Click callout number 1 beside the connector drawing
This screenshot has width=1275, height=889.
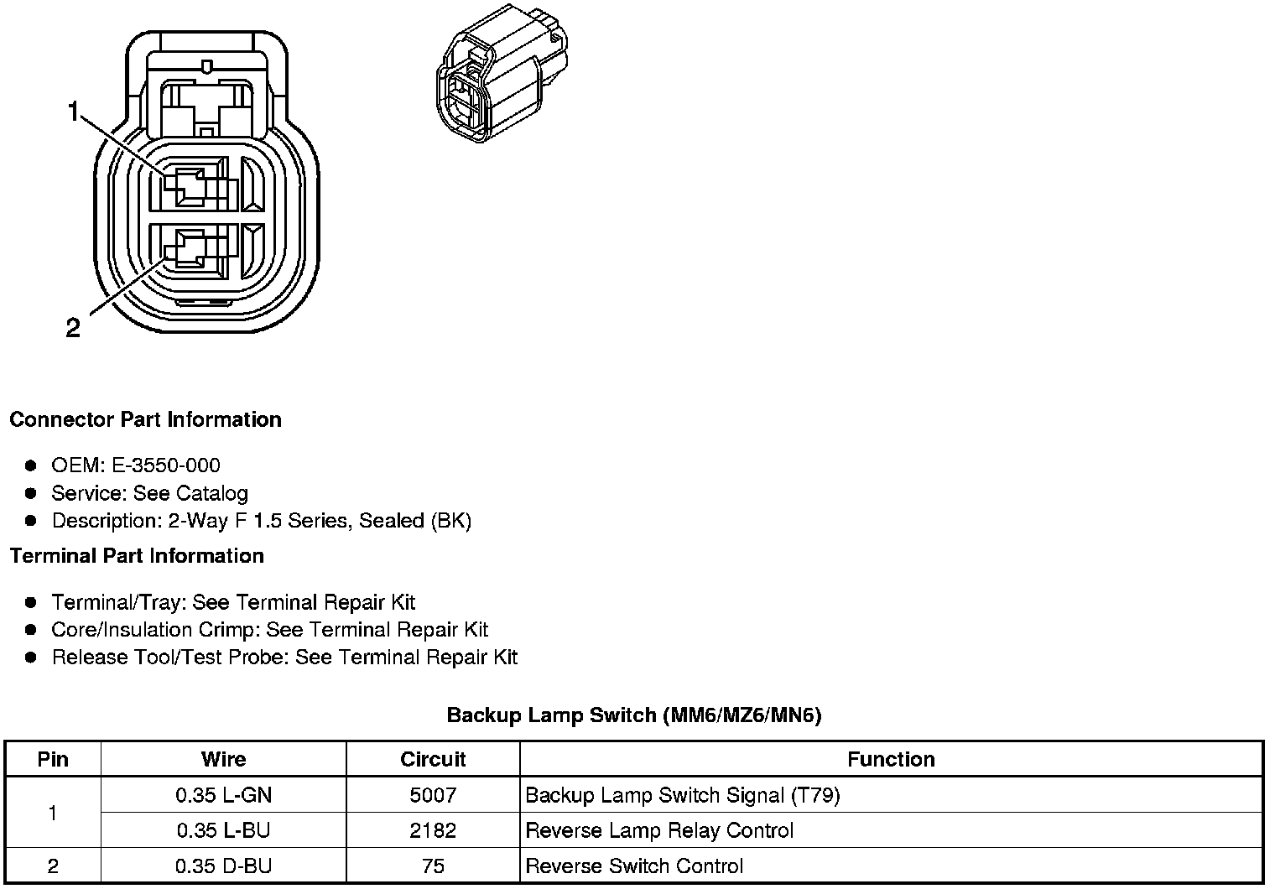[74, 112]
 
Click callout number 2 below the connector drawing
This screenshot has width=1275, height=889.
[74, 328]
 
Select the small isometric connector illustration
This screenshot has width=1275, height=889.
[502, 73]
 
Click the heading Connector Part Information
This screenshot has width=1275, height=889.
[145, 419]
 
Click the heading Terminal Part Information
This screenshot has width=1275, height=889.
[137, 556]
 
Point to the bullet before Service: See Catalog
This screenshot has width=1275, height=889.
[31, 493]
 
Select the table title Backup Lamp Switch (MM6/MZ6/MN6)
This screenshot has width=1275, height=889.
[634, 715]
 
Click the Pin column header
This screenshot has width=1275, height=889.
[53, 760]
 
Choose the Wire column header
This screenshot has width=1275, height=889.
[223, 760]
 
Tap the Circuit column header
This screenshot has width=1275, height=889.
[433, 760]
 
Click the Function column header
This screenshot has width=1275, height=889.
[891, 760]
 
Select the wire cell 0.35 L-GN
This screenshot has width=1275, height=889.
[223, 795]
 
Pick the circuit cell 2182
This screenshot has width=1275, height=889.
[433, 830]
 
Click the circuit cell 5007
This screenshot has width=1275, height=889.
[433, 795]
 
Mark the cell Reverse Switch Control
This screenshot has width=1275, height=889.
[634, 866]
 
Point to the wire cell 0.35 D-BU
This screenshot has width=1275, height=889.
[223, 866]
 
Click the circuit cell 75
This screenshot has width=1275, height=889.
[433, 866]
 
